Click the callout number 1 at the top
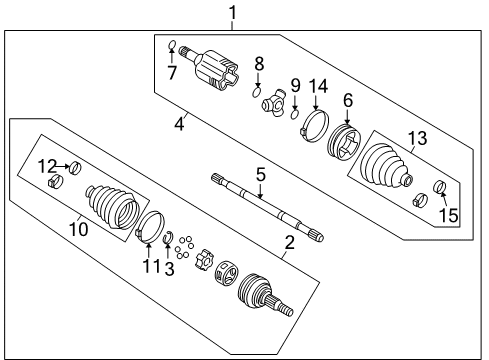(x=232, y=13)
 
